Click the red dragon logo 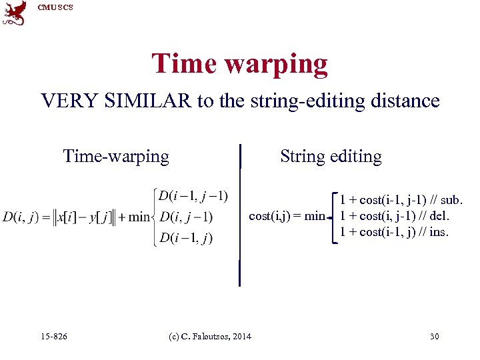[15, 13]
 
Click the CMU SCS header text [55, 7]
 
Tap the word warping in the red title [276, 64]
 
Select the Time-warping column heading [116, 156]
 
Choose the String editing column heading [331, 156]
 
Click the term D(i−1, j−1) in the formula [193, 195]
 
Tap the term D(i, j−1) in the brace [186, 217]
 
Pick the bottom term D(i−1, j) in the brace [186, 238]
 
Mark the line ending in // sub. [401, 199]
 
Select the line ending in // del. [395, 215]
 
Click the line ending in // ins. [395, 231]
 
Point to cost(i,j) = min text [287, 215]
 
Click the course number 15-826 [53, 337]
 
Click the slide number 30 [434, 337]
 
